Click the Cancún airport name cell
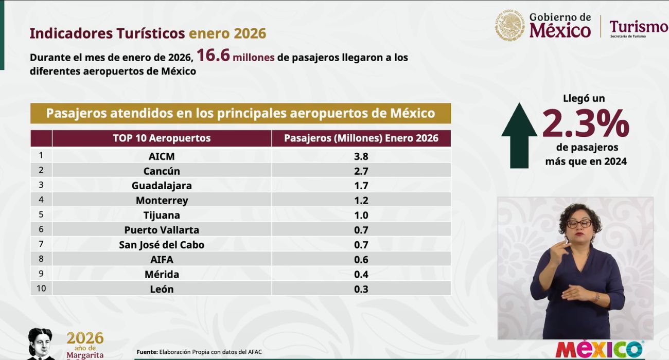[162, 171]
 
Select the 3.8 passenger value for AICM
[361, 156]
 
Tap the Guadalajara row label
[162, 186]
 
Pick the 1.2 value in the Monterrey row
[361, 201]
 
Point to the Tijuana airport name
[162, 215]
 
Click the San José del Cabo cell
[162, 245]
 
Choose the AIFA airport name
[162, 260]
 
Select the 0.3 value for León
[361, 289]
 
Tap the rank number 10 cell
[41, 289]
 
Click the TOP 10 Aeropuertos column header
[162, 138]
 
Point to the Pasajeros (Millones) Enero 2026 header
[361, 138]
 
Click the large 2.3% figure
[586, 123]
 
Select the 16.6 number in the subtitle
[213, 56]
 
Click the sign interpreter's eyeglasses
[579, 224]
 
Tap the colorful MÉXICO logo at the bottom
[599, 349]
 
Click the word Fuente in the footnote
[147, 352]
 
